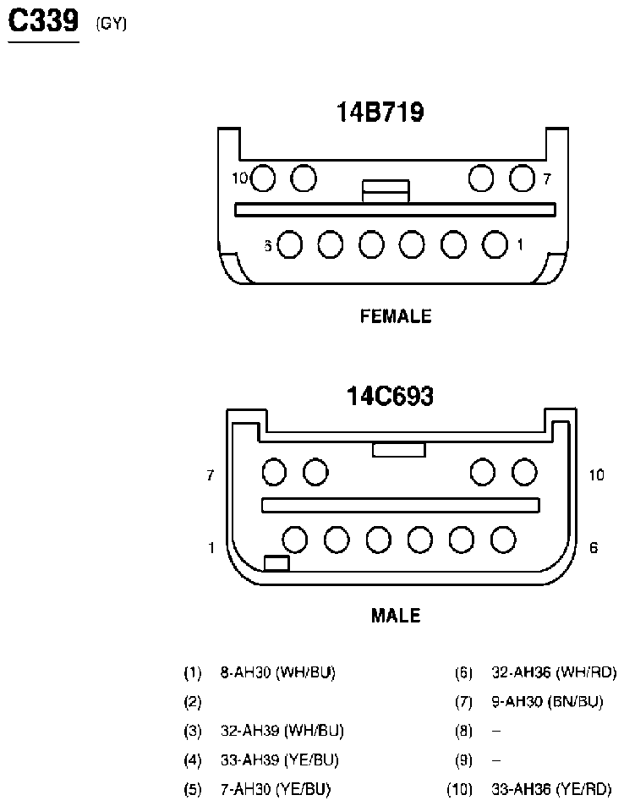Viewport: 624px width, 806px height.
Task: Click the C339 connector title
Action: (x=44, y=21)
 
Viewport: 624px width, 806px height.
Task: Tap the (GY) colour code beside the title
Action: (x=111, y=24)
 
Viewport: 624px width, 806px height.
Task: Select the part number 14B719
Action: (x=380, y=112)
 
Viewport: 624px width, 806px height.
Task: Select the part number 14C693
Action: (x=390, y=396)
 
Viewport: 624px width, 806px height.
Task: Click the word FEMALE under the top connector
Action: (x=396, y=315)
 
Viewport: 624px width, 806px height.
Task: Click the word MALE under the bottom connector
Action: (x=396, y=616)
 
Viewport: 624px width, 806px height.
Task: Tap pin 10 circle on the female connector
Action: (x=263, y=178)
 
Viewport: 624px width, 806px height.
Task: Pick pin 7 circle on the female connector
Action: (x=522, y=178)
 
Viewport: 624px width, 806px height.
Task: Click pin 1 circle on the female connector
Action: (x=495, y=244)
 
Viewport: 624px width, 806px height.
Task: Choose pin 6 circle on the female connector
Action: (x=289, y=244)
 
